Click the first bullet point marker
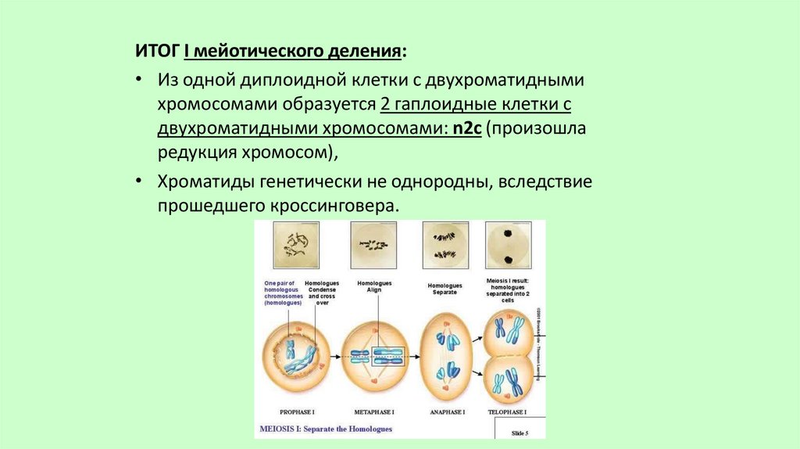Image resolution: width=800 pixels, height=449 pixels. tap(138, 81)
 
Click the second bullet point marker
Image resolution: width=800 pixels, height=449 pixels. tap(138, 182)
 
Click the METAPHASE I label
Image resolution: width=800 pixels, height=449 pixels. tap(373, 411)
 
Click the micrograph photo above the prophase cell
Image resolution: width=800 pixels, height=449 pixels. tap(297, 245)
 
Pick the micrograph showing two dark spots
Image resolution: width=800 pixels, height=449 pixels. tap(508, 245)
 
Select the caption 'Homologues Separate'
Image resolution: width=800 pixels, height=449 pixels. tap(445, 289)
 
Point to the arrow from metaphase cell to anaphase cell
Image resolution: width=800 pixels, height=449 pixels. tap(412, 356)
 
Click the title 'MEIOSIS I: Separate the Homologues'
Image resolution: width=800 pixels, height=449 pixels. tap(325, 429)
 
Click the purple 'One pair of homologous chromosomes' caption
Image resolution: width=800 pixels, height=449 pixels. tap(281, 293)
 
